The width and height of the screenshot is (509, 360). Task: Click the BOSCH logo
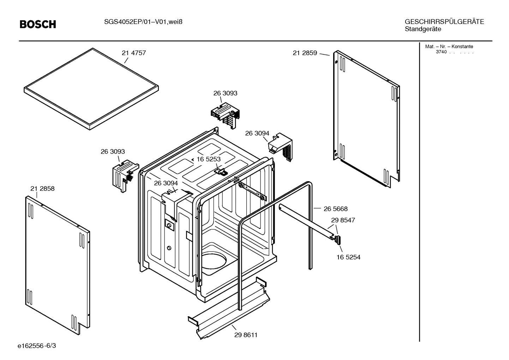(38, 24)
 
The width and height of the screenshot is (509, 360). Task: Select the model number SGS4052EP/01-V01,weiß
(143, 22)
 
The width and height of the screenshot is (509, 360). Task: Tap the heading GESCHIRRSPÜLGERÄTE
(444, 22)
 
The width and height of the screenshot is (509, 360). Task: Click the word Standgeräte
(423, 29)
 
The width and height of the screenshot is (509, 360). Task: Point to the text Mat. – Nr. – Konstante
(449, 46)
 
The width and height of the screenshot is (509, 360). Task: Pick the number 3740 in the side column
(441, 52)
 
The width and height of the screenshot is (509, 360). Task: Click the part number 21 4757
(134, 53)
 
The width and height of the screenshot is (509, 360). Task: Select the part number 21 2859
(305, 53)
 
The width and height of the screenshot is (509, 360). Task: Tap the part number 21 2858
(42, 189)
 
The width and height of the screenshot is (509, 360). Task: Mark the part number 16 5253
(208, 159)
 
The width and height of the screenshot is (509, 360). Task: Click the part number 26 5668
(335, 209)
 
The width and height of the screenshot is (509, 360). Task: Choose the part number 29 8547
(343, 220)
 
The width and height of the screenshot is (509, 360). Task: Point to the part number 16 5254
(348, 257)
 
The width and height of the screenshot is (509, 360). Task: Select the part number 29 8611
(246, 335)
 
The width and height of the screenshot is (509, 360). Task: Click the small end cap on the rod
(338, 240)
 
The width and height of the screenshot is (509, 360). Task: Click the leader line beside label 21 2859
(324, 54)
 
